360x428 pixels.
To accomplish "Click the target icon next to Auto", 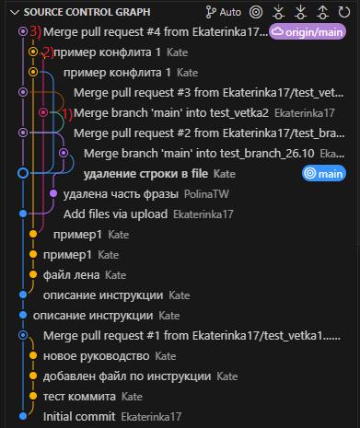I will click(255, 12).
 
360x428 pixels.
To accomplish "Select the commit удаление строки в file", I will click(145, 173).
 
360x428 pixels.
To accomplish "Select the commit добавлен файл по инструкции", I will click(106, 376).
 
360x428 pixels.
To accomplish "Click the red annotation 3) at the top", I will click(35, 31).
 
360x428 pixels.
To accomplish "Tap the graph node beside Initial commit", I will click(23, 416).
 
